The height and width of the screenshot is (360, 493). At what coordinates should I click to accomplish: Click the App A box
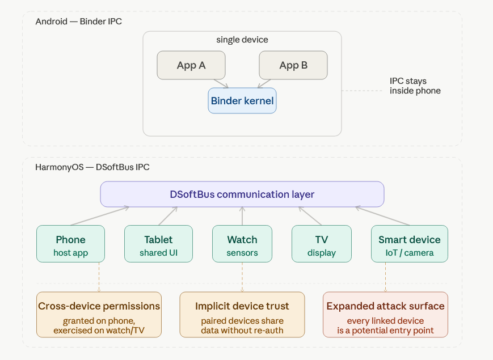[191, 65]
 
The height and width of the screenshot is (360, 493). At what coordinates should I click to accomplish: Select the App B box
[293, 65]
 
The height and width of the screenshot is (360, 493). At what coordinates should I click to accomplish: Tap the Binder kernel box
[242, 101]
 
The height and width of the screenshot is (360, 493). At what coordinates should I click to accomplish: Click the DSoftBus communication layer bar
[242, 194]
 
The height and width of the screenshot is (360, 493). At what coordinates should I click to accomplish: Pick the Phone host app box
[70, 244]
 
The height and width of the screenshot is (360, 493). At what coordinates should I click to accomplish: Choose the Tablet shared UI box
[158, 244]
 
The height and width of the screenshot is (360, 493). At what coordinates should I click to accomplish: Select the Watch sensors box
[242, 244]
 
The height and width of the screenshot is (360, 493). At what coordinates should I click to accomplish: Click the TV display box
[322, 244]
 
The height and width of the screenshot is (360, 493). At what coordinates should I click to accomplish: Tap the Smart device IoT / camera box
[410, 244]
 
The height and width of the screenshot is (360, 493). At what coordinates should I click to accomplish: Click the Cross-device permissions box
[99, 315]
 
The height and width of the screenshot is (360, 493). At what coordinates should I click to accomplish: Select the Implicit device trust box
[242, 315]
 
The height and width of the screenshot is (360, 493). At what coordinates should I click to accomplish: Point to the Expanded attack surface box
[385, 315]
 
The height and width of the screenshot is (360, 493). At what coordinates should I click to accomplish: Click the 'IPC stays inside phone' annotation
[415, 86]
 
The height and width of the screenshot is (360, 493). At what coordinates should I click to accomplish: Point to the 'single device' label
[242, 40]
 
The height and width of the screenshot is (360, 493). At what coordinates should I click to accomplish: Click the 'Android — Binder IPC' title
[78, 22]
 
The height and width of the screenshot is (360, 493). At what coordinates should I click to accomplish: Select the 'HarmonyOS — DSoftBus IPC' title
[92, 167]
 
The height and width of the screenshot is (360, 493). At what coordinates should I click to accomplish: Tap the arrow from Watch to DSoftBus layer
[242, 216]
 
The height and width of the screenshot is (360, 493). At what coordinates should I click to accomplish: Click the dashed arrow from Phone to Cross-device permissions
[99, 277]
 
